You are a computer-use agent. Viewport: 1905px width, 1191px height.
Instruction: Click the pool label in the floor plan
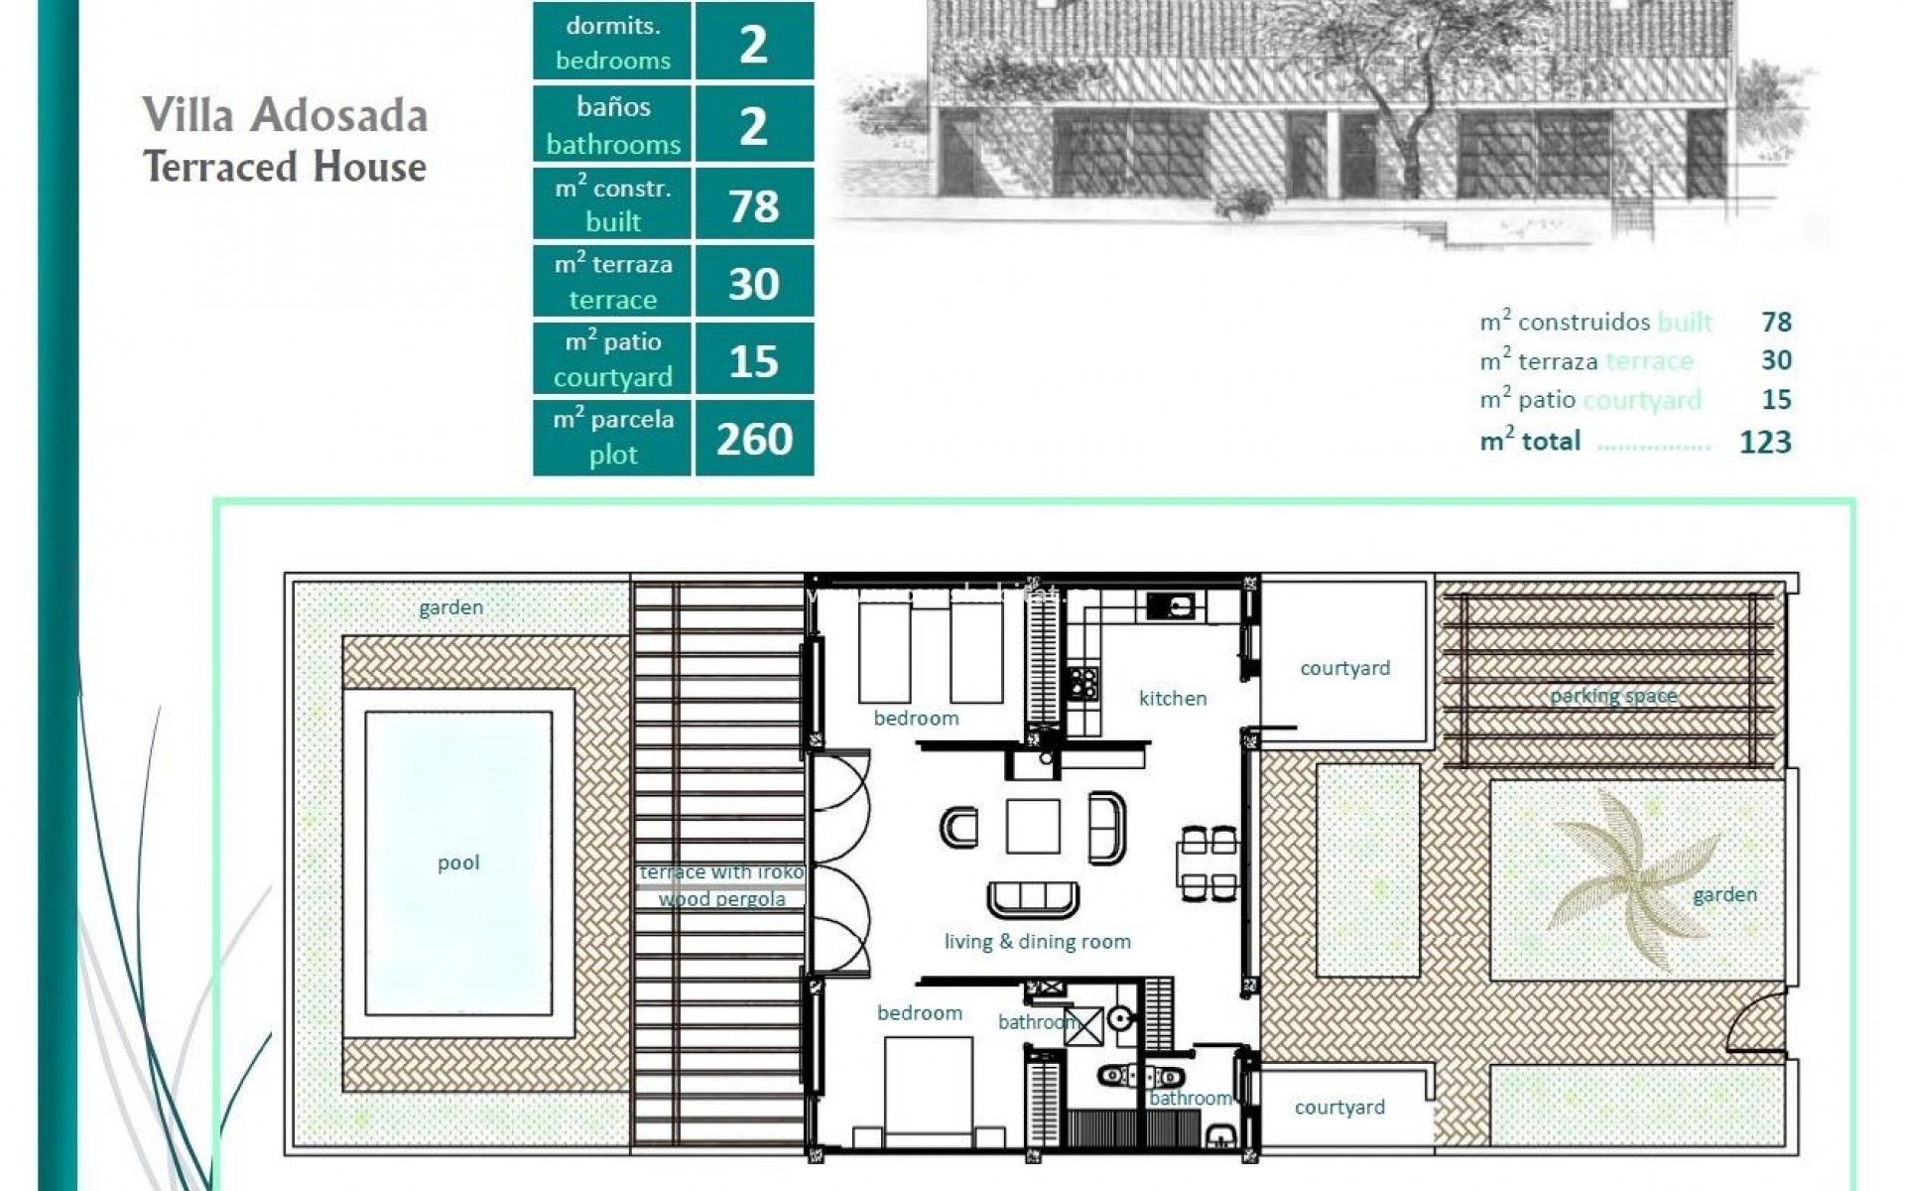(x=458, y=862)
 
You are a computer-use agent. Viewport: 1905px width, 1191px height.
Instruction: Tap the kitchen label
(x=1173, y=698)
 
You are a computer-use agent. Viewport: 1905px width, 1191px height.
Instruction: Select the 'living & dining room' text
(x=1037, y=941)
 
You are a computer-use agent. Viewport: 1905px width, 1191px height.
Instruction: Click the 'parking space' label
(x=1613, y=696)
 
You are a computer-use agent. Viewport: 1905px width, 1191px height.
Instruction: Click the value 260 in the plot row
(x=754, y=439)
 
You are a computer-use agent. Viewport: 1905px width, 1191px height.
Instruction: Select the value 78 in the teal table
(x=754, y=206)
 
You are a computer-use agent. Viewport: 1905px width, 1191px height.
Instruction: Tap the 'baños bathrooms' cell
(x=613, y=125)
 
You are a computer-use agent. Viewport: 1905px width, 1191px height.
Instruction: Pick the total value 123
(x=1765, y=442)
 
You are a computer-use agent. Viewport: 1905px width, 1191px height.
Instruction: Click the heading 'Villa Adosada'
(x=285, y=115)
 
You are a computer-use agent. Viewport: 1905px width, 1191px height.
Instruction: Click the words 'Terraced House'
(x=285, y=167)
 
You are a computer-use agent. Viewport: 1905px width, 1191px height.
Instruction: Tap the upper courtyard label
(x=1344, y=668)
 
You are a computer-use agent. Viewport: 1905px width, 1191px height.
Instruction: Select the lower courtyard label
(x=1339, y=1107)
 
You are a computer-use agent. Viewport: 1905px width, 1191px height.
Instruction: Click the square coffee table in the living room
(x=1032, y=827)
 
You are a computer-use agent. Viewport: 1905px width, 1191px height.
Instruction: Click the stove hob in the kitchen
(x=1082, y=682)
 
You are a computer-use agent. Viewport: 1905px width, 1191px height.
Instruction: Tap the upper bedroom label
(x=916, y=718)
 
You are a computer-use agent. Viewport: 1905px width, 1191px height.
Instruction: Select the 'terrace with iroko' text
(x=721, y=872)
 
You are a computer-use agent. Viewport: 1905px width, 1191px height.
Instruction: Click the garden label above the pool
(x=450, y=607)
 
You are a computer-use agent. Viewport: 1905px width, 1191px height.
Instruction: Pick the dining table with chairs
(x=1207, y=862)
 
